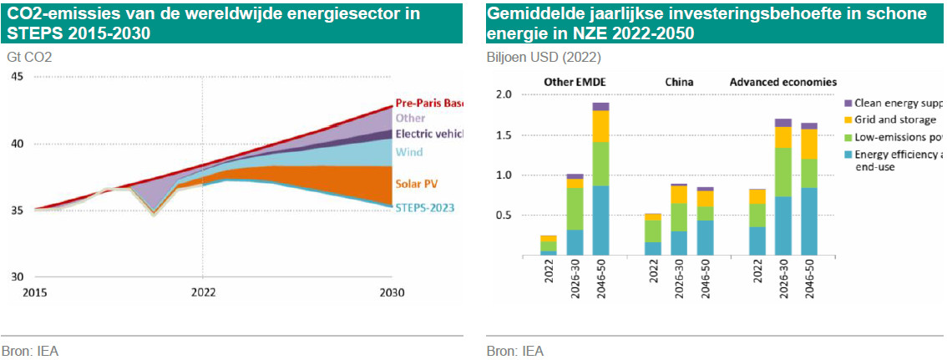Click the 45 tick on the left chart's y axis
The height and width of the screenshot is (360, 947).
pos(18,77)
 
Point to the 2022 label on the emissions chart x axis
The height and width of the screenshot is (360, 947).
pos(203,292)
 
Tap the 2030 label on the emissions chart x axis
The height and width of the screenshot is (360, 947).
pos(392,292)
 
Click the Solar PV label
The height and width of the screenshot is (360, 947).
pos(418,183)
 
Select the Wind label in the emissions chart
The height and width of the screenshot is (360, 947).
pos(408,152)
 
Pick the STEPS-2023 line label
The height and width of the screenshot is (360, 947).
pos(425,208)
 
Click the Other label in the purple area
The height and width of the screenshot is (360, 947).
pos(410,118)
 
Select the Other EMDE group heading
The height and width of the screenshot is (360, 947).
pos(575,82)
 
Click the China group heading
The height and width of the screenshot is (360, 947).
pos(679,82)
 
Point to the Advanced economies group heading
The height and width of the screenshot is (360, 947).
pos(783,82)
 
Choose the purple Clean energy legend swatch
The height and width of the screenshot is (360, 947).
pos(848,103)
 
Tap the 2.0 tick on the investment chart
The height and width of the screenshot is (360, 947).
pos(503,94)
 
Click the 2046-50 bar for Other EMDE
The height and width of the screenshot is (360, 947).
pos(600,180)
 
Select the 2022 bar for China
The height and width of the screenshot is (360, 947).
pos(653,234)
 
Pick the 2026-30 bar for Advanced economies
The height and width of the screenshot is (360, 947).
pos(782,187)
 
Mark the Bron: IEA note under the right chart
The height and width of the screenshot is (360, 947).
pos(515,351)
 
